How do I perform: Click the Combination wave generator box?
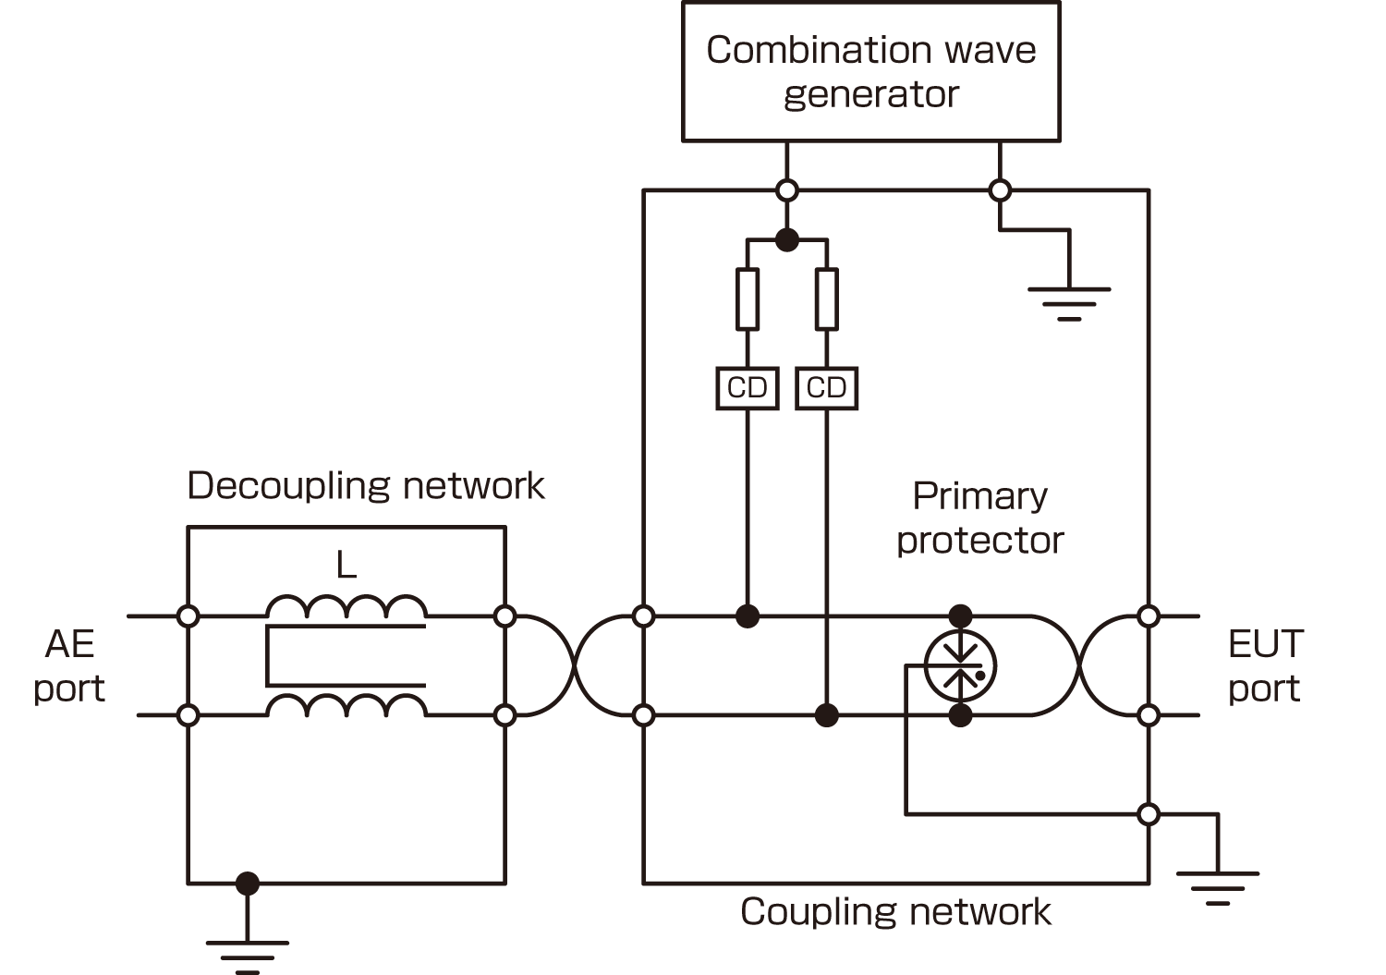870,72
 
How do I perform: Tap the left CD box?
748,388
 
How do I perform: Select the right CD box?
826,388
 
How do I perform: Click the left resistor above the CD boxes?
748,299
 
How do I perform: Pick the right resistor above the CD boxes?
826,299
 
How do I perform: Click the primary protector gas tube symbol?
961,665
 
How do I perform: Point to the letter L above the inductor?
346,564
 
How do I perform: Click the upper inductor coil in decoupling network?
346,607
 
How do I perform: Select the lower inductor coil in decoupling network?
346,706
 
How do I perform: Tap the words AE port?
69,665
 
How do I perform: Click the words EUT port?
1265,665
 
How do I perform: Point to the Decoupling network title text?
366,486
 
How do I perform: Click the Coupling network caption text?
895,912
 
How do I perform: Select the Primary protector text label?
980,518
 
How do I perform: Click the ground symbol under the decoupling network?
247,952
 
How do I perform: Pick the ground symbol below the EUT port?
1218,884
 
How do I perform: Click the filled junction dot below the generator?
786,239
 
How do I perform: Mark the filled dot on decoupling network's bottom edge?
247,884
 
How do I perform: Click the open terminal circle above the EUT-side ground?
1149,814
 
